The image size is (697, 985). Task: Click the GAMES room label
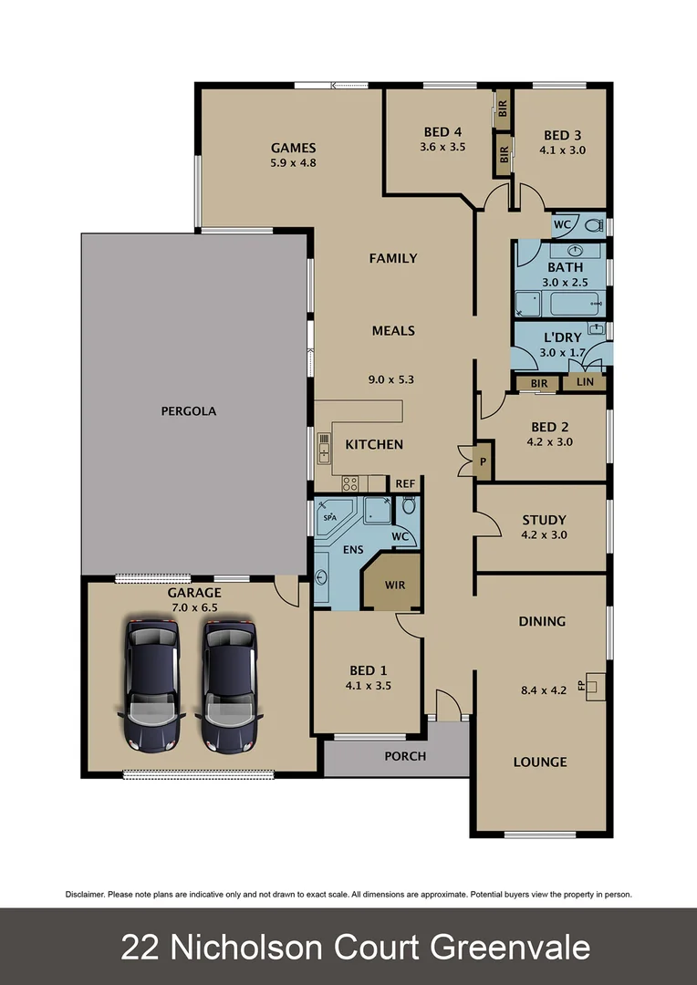click(293, 148)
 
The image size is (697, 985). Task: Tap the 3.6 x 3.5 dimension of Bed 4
click(442, 146)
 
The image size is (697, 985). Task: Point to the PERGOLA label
click(188, 411)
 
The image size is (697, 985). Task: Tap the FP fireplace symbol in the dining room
click(594, 684)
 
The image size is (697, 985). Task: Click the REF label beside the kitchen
click(404, 483)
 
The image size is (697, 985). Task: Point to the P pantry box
click(483, 461)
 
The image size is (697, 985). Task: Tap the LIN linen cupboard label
click(584, 382)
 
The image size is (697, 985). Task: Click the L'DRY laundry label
click(562, 337)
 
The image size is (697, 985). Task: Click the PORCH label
click(404, 756)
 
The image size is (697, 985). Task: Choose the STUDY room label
click(544, 520)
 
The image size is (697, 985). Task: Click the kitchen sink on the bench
click(324, 448)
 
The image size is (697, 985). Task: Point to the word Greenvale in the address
click(510, 948)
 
